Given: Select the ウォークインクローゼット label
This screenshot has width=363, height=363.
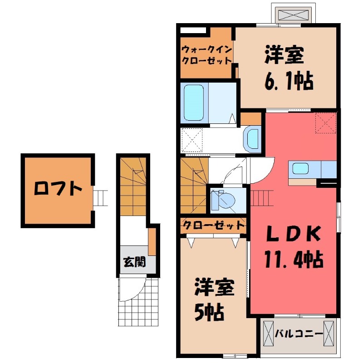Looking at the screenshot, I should click(206, 54).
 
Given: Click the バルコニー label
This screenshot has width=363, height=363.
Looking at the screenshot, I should click(299, 334).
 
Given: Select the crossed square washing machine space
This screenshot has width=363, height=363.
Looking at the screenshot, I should click(191, 140).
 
